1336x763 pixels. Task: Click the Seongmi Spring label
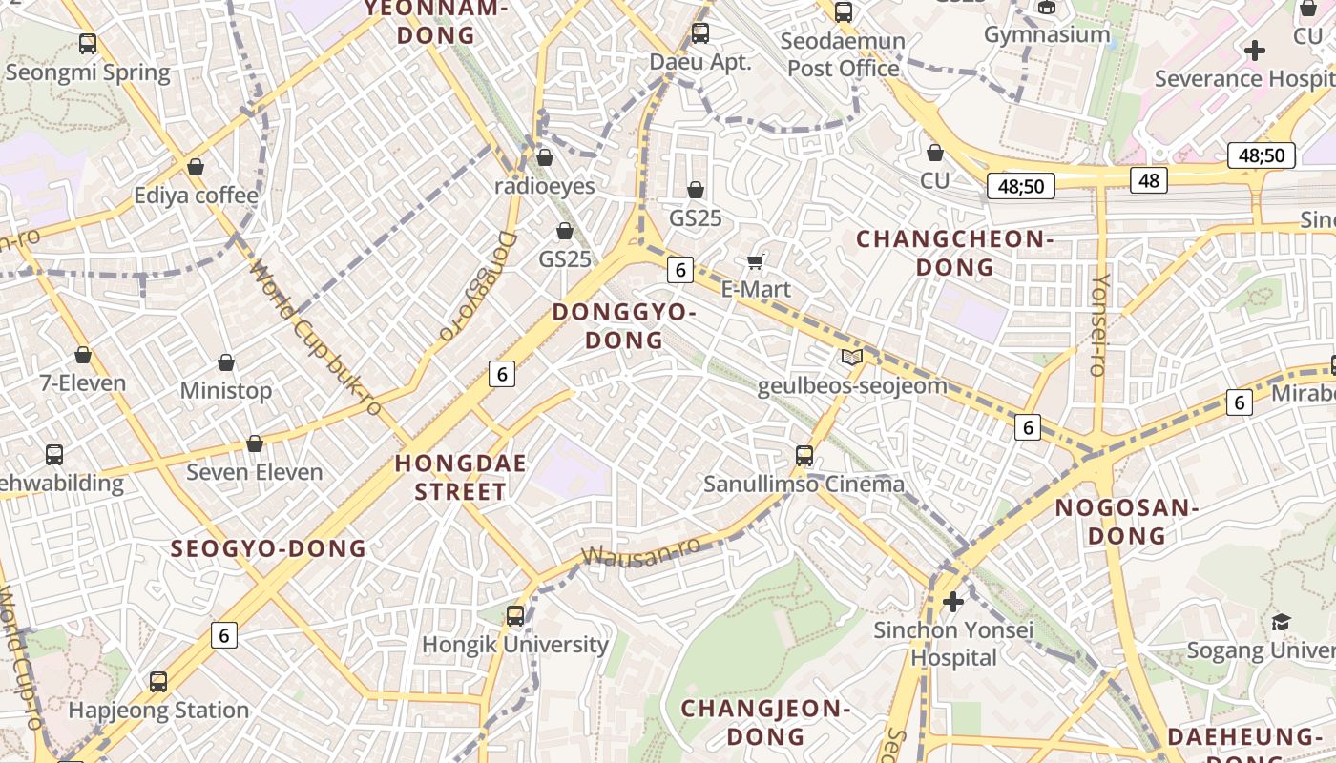88,72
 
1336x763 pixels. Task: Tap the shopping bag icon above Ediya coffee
196,167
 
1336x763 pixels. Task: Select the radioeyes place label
545,186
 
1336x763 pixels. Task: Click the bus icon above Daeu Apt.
700,33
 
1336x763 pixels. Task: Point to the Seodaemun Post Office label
844,55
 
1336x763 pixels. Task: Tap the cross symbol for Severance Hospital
1255,51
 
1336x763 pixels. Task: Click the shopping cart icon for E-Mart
756,261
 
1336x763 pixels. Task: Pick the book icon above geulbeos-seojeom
852,358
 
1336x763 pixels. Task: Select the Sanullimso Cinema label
804,484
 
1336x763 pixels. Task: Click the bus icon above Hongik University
515,616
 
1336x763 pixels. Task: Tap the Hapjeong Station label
158,711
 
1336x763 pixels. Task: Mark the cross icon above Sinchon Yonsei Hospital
952,602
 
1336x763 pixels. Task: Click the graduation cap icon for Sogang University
1281,623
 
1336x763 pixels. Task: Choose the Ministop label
226,390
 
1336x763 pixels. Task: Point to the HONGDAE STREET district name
461,478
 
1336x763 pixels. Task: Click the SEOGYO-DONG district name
268,548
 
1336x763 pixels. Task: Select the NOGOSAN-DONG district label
1127,522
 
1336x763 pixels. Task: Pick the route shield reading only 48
1149,179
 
